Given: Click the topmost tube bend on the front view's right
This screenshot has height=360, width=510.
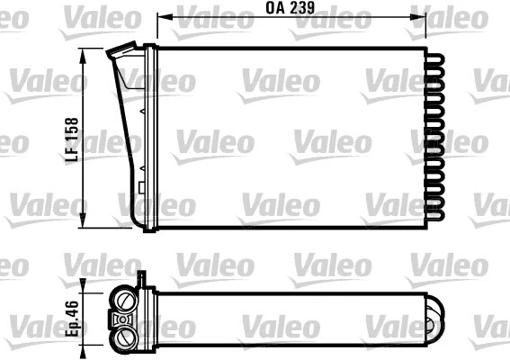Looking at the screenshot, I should [436, 56].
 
